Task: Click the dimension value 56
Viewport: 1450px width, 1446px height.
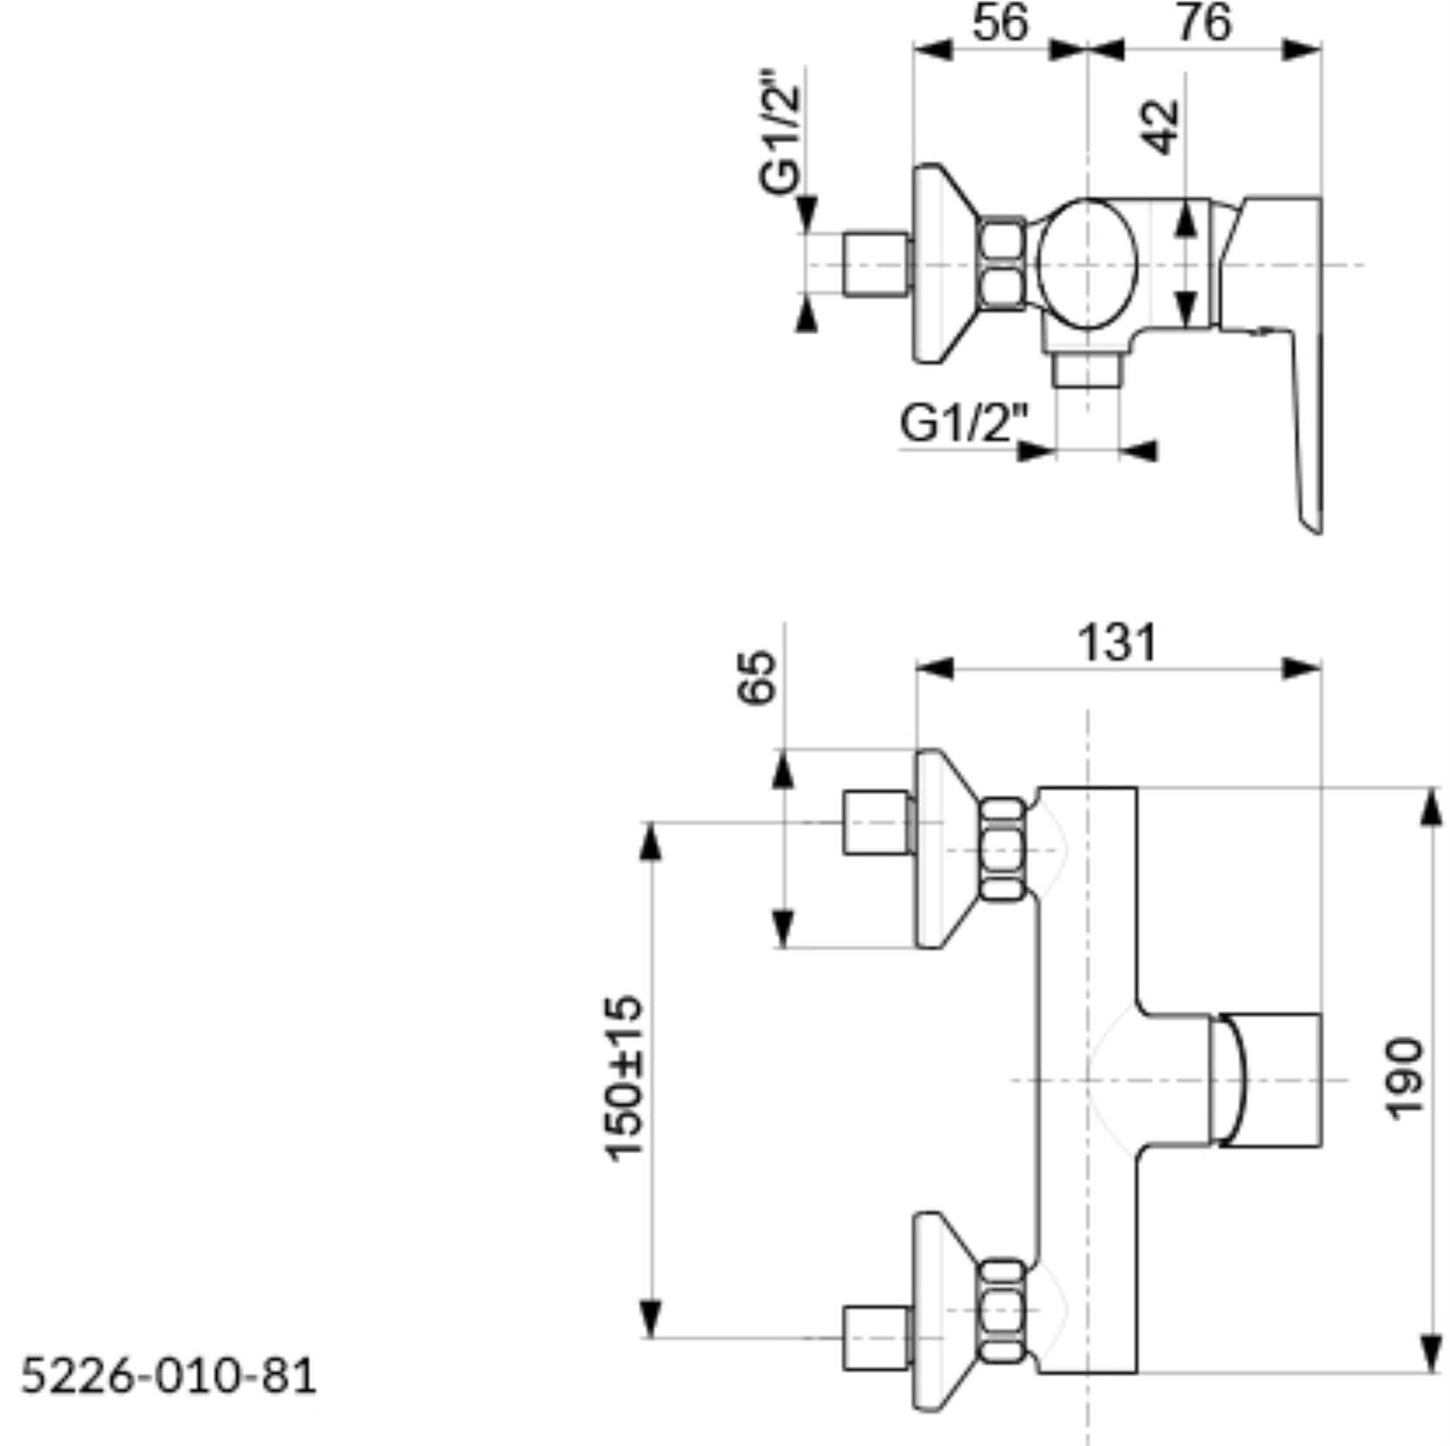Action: (x=1000, y=23)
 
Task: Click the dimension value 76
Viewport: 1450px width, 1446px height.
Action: (x=1204, y=23)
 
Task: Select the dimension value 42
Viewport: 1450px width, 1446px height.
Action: (x=1160, y=128)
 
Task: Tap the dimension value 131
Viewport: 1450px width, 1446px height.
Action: (x=1117, y=642)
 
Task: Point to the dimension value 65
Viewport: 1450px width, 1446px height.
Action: (x=755, y=678)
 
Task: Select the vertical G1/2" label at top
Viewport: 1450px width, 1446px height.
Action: (x=780, y=133)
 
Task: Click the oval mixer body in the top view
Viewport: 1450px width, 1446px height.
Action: (x=1087, y=264)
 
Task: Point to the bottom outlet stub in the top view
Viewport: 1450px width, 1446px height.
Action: (x=1087, y=370)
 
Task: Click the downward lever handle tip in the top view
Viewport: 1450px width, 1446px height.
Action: (x=1314, y=525)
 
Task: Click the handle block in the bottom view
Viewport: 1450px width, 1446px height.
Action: (x=1267, y=1081)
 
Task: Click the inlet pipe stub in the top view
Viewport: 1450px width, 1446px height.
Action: (x=877, y=264)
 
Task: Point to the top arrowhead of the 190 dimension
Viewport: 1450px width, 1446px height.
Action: (x=1432, y=807)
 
